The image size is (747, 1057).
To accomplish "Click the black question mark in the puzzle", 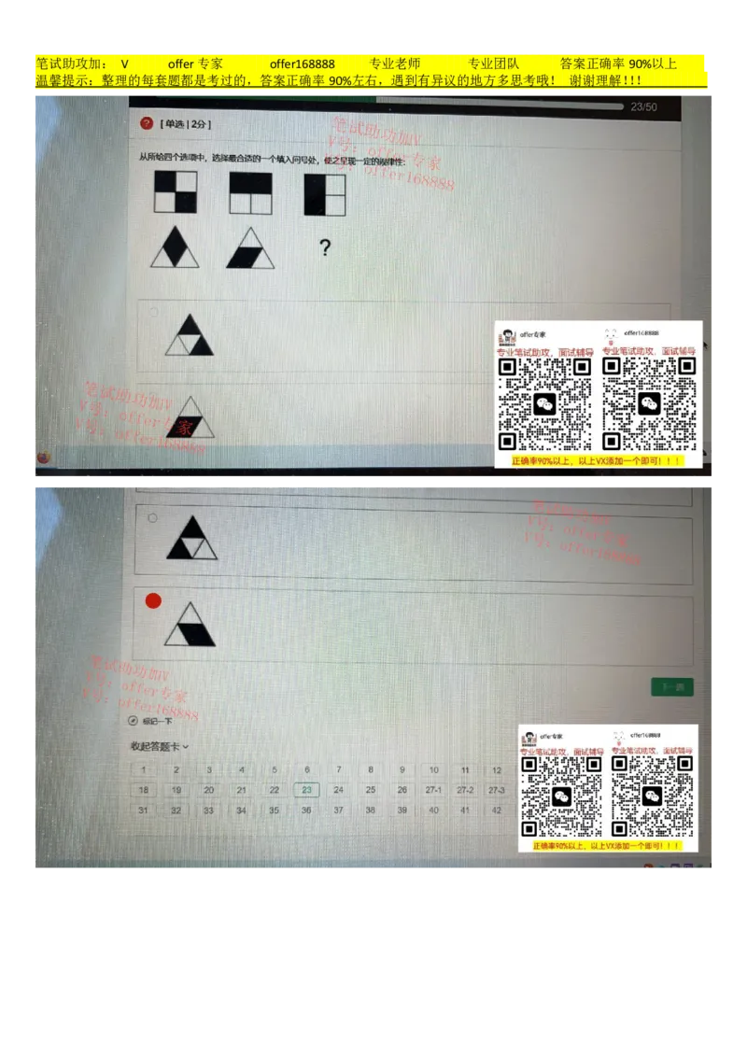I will coord(324,248).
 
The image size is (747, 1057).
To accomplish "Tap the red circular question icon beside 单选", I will coord(147,123).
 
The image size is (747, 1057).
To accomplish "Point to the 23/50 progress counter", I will coord(643,107).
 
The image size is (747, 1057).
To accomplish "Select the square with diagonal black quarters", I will coord(176,192).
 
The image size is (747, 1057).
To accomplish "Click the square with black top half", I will coord(250,193).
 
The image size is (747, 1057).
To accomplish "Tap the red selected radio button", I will coord(153,600).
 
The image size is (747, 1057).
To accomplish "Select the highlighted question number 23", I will coord(306,790).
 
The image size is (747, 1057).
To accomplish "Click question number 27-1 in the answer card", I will coord(433,790).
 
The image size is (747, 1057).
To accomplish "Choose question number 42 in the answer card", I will coord(497,810).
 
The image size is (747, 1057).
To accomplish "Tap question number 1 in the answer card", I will coord(143,770).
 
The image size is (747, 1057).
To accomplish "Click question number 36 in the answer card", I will coord(306,810).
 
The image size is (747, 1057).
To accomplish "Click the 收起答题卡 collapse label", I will coord(159,746).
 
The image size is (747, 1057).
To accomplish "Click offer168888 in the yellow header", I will coord(302,63).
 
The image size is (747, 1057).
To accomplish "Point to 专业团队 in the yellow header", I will coord(493,63).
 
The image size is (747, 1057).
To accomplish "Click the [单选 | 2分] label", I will coord(186,123).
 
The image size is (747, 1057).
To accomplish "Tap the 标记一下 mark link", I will coord(156,721).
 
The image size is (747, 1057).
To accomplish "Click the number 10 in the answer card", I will coord(433,770).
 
